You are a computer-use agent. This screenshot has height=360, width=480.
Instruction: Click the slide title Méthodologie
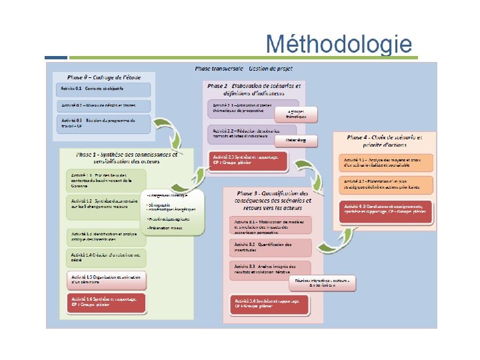(338, 44)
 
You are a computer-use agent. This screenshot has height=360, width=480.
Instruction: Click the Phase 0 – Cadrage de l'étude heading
(104, 77)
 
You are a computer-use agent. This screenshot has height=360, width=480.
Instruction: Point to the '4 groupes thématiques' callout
(297, 114)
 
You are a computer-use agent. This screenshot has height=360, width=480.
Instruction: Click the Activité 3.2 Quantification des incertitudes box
(271, 248)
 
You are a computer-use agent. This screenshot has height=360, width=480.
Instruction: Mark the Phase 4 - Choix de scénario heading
(384, 141)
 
